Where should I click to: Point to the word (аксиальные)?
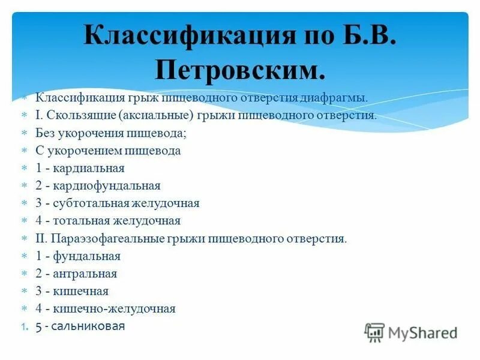click(x=155, y=115)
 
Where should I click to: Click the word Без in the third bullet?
click(x=46, y=133)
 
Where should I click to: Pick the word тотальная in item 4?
click(x=77, y=221)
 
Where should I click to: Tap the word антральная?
click(x=85, y=274)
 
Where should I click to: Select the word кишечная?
click(x=80, y=292)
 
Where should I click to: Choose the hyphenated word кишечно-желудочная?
click(x=114, y=309)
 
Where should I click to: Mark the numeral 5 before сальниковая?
click(x=39, y=326)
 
